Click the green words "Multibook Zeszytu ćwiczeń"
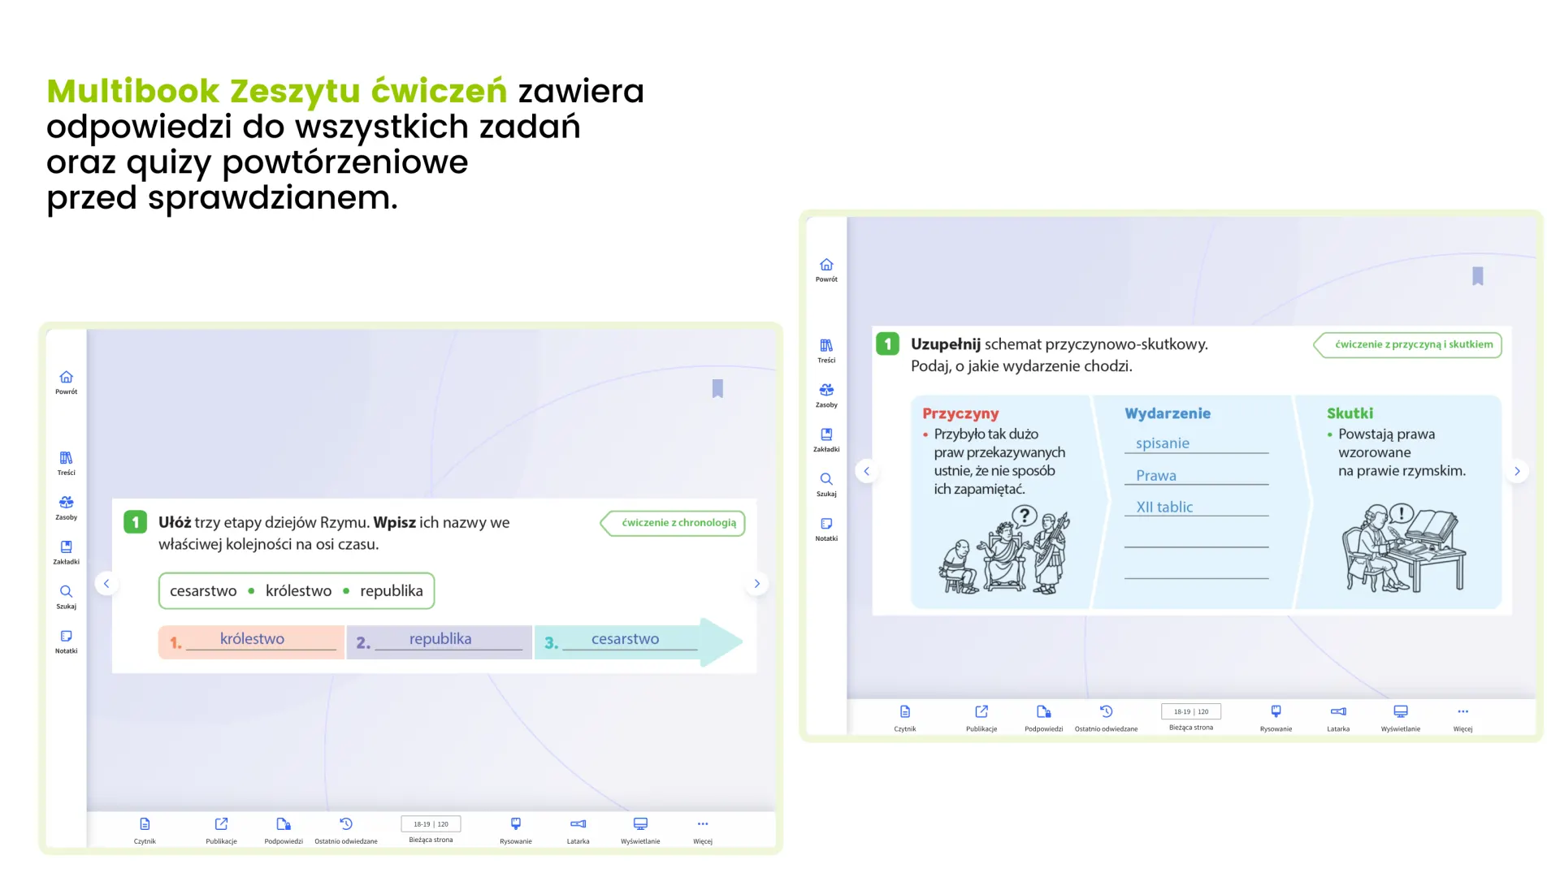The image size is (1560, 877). [x=277, y=92]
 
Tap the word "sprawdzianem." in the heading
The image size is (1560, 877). [x=273, y=198]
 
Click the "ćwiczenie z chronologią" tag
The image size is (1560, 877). [x=674, y=523]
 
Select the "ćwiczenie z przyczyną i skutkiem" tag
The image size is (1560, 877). [x=1408, y=344]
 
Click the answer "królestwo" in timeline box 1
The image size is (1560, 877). [x=252, y=639]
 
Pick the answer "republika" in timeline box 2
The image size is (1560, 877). [x=440, y=639]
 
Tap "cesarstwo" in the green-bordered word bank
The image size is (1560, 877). [x=203, y=591]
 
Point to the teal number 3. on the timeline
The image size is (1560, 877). [x=551, y=643]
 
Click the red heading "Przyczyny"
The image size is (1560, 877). [x=960, y=414]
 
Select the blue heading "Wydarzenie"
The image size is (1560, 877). [x=1168, y=413]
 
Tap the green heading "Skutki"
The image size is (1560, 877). [x=1350, y=413]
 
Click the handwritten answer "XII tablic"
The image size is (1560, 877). [x=1164, y=508]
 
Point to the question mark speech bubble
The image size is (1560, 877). [x=1025, y=516]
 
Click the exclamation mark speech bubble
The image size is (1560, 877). [x=1402, y=514]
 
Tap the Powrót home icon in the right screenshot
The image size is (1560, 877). [x=826, y=265]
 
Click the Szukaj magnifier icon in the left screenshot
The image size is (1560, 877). [x=66, y=591]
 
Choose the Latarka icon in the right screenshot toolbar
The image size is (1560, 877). [x=1338, y=711]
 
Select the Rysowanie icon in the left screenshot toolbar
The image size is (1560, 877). [x=516, y=823]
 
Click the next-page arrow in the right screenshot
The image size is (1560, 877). [x=1517, y=471]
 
